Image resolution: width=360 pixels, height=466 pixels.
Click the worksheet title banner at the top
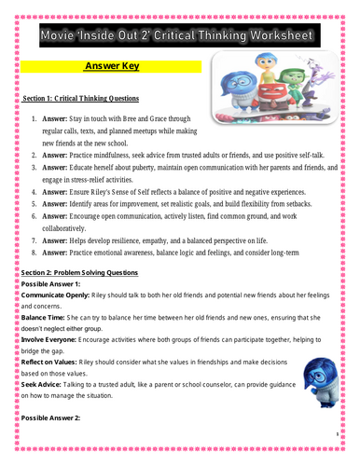click(180, 35)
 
